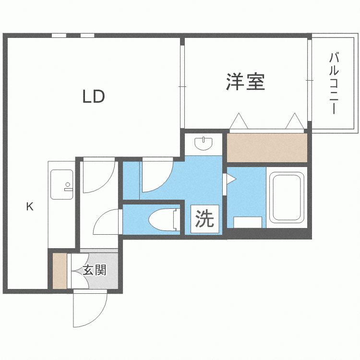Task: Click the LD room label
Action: coord(94,96)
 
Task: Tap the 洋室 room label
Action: coord(245,82)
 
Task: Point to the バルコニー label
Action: coord(334,84)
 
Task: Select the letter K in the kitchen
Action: coord(30,206)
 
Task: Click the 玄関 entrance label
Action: coord(95,270)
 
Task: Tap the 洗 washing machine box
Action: coord(204,219)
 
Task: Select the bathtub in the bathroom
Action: coord(287,197)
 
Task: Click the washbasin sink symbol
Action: coord(204,144)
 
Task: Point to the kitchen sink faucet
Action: coord(68,186)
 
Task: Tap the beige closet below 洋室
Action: coord(267,148)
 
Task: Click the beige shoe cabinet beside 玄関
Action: coord(60,271)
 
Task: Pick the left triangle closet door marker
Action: coord(239,121)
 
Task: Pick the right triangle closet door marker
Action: coord(295,121)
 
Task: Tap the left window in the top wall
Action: coord(59,36)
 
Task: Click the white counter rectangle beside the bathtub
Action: coord(248,222)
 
